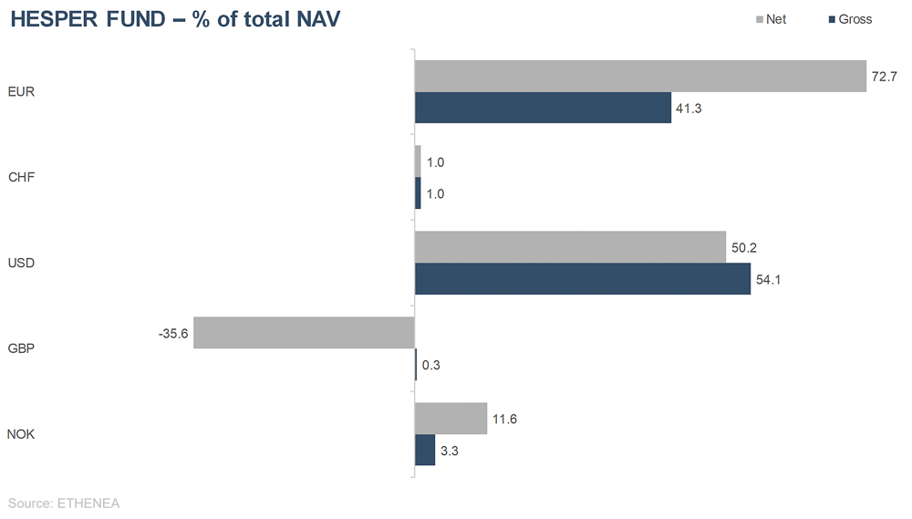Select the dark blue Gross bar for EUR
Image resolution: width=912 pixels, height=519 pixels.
tap(543, 108)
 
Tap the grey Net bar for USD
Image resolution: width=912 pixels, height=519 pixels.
tap(570, 247)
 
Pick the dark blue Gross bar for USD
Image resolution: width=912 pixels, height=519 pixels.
tap(583, 279)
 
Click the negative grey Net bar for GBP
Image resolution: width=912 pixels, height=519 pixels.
tap(304, 333)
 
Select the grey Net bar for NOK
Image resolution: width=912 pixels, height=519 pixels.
tap(451, 419)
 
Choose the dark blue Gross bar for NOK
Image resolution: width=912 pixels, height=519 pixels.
tap(425, 450)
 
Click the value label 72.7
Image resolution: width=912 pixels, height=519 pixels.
tap(885, 77)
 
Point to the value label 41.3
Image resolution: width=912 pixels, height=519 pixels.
tap(689, 109)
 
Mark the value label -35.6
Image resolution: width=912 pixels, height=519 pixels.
tap(173, 334)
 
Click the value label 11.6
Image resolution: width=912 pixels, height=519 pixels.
tap(505, 419)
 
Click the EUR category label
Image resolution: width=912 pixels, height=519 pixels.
tap(21, 92)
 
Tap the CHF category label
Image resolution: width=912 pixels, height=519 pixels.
tap(21, 177)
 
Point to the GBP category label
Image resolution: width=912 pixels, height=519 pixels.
tap(21, 348)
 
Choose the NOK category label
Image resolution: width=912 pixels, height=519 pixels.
tap(21, 434)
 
